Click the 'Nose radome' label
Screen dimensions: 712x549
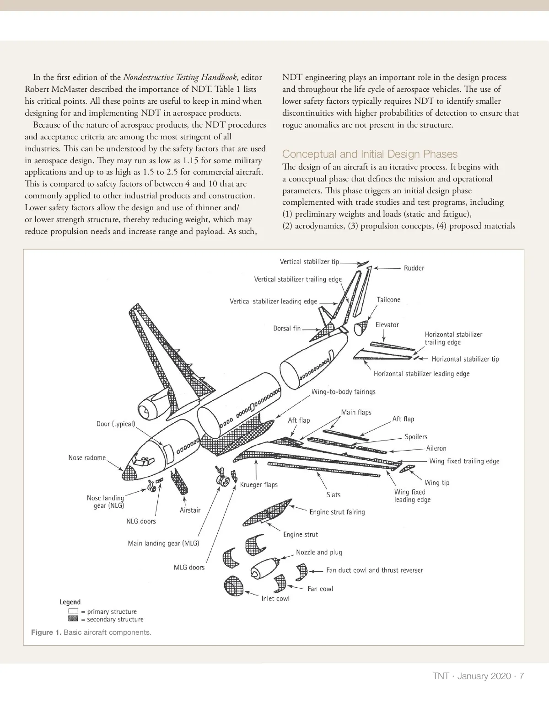tap(87, 457)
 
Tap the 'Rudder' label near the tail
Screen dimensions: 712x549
tap(414, 268)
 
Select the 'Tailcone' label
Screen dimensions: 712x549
tap(388, 300)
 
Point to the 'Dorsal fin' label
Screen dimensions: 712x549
tap(287, 328)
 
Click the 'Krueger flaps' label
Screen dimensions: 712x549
tap(259, 484)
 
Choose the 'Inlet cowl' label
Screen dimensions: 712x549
tap(275, 599)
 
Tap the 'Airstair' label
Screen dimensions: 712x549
tap(190, 510)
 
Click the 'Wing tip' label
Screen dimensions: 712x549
tap(437, 483)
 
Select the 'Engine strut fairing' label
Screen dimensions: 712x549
tap(337, 512)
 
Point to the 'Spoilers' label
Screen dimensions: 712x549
tap(416, 437)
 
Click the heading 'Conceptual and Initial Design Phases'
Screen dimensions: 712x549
tap(370, 154)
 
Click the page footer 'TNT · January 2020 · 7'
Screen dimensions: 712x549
tap(478, 676)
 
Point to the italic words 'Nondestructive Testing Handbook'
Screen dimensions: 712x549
tap(181, 77)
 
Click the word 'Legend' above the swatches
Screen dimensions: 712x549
tap(70, 602)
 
